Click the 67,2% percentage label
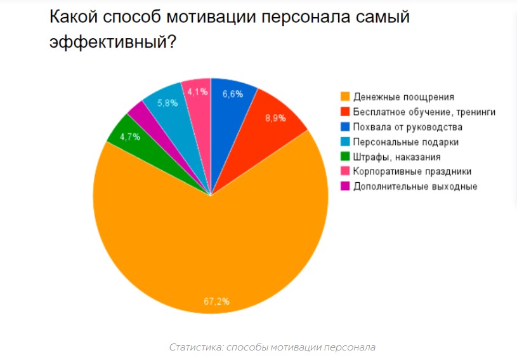[216, 301]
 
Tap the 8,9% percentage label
[275, 118]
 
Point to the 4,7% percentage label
[129, 136]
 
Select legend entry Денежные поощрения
[403, 97]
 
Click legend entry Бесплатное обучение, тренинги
[424, 112]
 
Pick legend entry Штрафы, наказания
[396, 157]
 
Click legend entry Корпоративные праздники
[412, 171]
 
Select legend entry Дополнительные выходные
[415, 186]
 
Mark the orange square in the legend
[345, 97]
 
